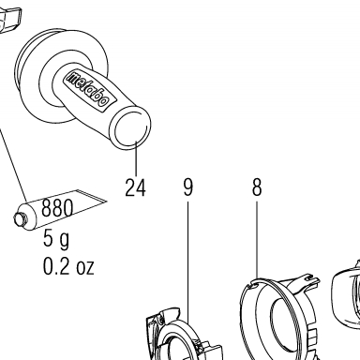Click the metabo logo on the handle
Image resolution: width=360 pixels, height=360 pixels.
pos(89,89)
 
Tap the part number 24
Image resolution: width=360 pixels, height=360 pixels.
pos(135,187)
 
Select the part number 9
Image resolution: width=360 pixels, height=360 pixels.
pos(188,187)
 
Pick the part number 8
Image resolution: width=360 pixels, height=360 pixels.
pos(257,187)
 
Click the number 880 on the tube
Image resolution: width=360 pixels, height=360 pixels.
pos(57,207)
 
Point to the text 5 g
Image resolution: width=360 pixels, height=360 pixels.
pos(56,240)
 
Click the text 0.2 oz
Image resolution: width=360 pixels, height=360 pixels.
pos(68,266)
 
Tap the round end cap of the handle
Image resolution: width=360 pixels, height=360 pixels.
pos(131,128)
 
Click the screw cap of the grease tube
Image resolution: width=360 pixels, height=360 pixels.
pos(20,218)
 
